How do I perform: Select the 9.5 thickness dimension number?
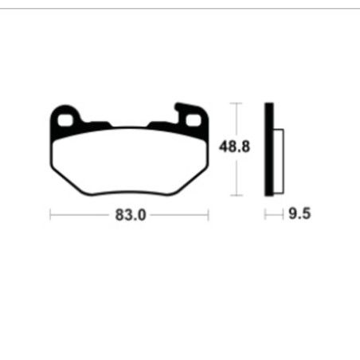pyautogui.click(x=299, y=215)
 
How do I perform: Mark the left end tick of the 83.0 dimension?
pyautogui.click(x=50, y=215)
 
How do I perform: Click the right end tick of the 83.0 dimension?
pyautogui.click(x=209, y=215)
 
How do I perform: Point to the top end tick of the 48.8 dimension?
pyautogui.click(x=233, y=104)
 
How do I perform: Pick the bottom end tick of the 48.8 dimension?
pyautogui.click(x=233, y=195)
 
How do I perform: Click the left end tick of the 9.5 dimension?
pyautogui.click(x=266, y=215)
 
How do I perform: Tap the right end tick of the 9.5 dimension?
pyautogui.click(x=284, y=215)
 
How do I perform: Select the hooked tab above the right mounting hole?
pyautogui.click(x=182, y=106)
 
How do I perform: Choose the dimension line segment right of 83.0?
pyautogui.click(x=180, y=215)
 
